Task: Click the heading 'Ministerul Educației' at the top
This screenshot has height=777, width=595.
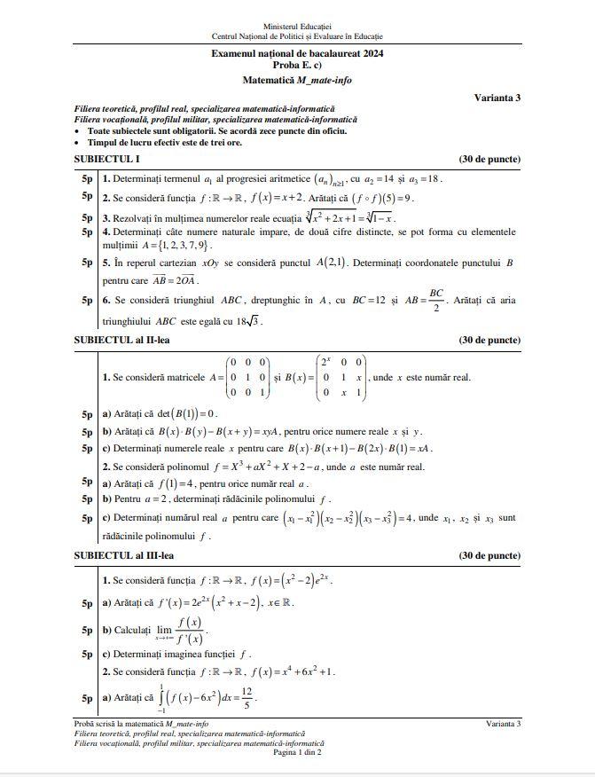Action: [x=297, y=27]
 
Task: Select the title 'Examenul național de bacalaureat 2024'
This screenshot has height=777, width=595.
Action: [x=297, y=54]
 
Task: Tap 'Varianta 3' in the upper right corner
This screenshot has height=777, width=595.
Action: [x=497, y=98]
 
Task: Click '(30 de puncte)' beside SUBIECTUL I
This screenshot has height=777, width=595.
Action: [x=489, y=160]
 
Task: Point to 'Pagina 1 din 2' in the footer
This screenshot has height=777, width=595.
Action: [x=297, y=752]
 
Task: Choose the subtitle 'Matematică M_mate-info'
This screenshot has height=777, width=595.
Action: [x=297, y=79]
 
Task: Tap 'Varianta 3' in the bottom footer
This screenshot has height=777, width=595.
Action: [x=503, y=725]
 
